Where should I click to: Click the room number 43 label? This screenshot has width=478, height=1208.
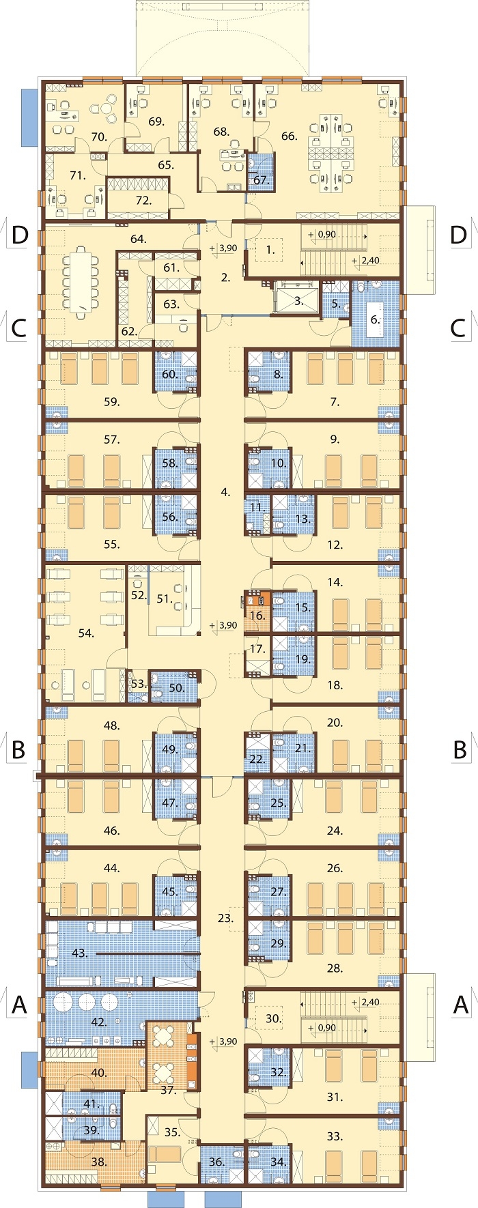[80, 953]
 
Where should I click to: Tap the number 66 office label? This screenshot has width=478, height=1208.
[289, 136]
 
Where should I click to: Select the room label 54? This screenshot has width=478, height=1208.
[85, 633]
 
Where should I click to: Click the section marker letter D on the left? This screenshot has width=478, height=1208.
[20, 235]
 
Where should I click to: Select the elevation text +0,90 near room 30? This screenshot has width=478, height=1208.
[322, 1028]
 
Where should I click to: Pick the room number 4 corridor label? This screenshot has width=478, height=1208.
[225, 491]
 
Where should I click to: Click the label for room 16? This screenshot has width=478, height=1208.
[257, 616]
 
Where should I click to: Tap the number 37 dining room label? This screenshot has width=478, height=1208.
[168, 1091]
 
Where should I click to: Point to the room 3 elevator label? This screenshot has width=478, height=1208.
[298, 300]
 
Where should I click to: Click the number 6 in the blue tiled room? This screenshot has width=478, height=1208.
[375, 319]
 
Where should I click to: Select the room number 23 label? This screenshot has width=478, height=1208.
[225, 919]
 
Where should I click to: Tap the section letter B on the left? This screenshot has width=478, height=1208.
[19, 749]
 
